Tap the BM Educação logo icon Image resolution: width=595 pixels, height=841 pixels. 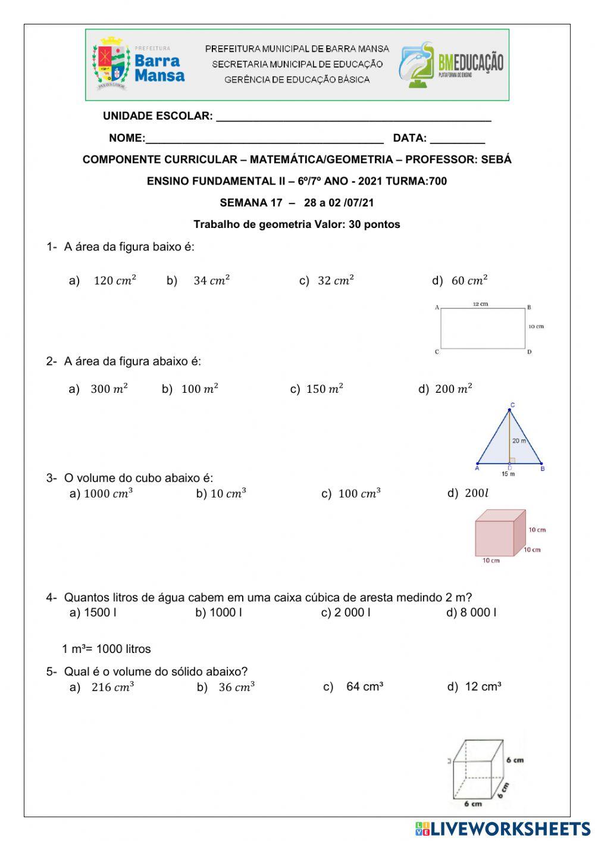(x=416, y=64)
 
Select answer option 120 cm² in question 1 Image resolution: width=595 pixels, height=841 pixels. (x=114, y=280)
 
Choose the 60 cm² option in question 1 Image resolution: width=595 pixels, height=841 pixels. (x=469, y=280)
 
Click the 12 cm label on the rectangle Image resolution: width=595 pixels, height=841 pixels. (x=480, y=304)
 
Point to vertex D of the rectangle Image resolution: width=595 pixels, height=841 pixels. (x=529, y=352)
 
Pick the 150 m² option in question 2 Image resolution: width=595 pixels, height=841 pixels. (x=324, y=389)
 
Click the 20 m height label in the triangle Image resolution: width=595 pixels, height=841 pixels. (x=519, y=441)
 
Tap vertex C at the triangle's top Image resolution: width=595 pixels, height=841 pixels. (x=512, y=406)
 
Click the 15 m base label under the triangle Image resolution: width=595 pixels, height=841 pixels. (x=508, y=474)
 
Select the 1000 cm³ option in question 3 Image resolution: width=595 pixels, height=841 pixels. (x=108, y=494)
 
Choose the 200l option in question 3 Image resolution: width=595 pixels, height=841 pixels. (x=475, y=493)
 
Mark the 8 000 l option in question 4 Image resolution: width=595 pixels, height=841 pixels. (x=478, y=612)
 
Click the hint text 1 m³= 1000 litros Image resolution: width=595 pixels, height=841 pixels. (x=107, y=649)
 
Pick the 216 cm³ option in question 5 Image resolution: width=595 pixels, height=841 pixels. (x=112, y=687)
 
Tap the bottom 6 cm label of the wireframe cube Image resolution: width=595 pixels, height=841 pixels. (x=473, y=804)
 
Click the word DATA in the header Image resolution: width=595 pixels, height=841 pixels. (x=409, y=139)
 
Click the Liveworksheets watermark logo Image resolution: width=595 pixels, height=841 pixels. (x=503, y=829)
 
